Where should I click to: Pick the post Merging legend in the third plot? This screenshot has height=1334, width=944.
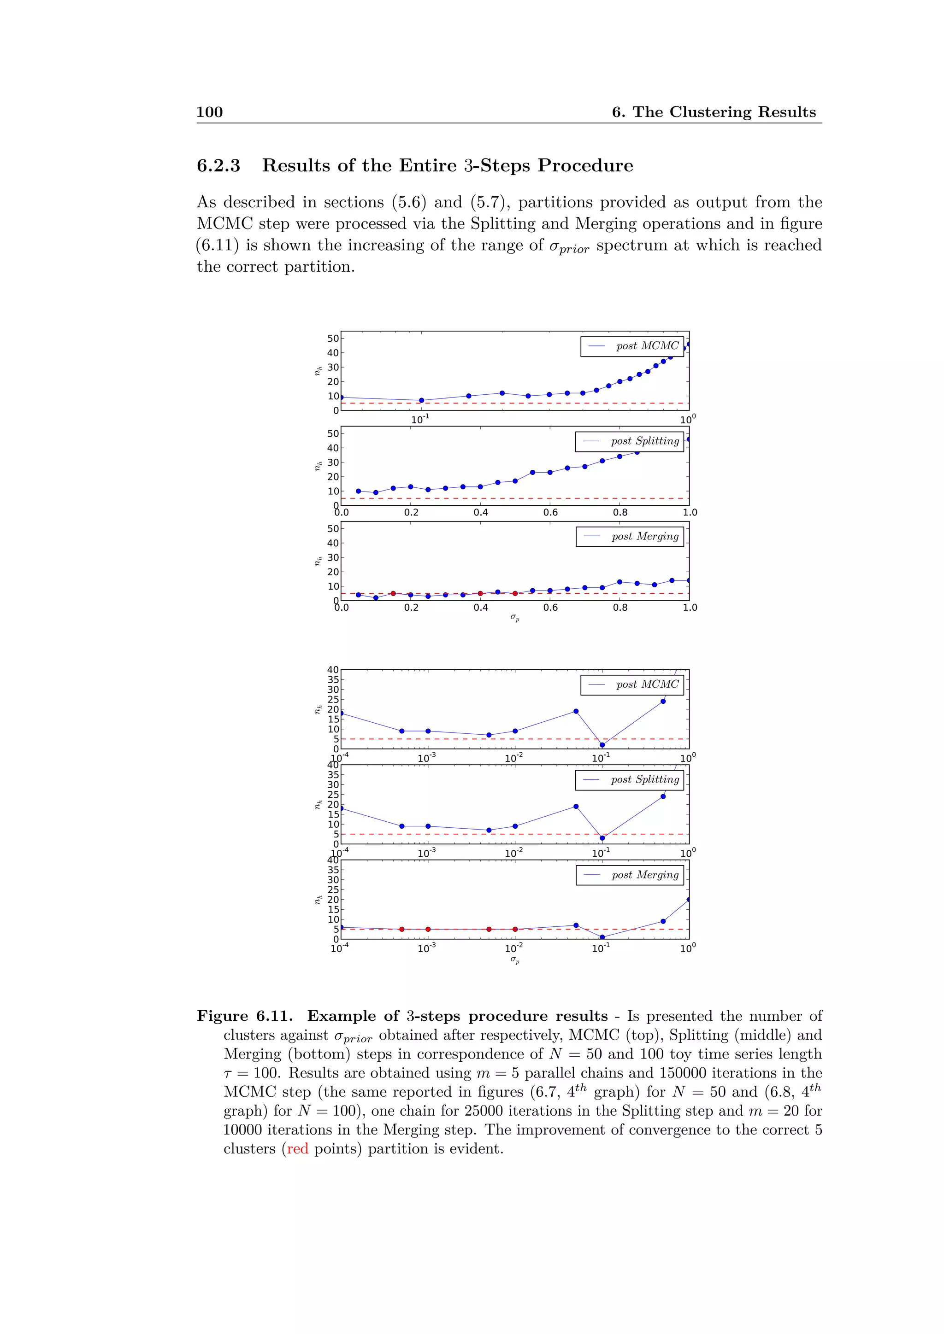630,536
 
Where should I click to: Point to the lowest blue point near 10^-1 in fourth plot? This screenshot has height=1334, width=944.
602,745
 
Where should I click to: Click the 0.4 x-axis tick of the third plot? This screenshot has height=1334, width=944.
481,608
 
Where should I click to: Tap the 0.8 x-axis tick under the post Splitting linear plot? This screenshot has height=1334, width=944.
620,512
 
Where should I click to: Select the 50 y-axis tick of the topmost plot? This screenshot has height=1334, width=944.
332,338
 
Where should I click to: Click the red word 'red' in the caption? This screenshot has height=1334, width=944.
298,1149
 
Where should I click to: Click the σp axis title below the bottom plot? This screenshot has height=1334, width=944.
515,960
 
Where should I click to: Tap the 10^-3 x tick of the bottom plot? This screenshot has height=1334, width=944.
427,948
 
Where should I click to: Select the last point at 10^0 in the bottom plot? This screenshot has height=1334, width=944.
689,900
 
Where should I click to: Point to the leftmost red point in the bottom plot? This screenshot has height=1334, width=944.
401,929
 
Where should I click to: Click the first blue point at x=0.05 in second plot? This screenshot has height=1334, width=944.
358,491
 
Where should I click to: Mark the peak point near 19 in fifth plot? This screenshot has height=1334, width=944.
576,807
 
